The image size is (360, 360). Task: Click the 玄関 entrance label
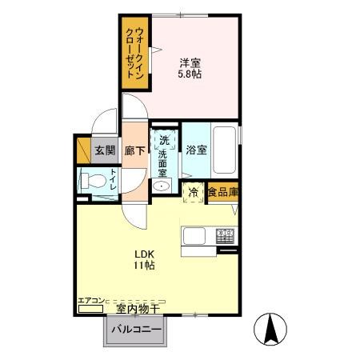point(106,149)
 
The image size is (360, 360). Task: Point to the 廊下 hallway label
point(134,149)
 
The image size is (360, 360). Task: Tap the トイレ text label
point(114,179)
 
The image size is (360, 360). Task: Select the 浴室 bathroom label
point(196,149)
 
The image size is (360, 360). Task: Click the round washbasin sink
point(163,187)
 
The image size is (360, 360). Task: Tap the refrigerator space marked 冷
point(193,192)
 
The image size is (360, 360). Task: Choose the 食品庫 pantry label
point(223,192)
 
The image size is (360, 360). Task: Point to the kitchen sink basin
point(195,236)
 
